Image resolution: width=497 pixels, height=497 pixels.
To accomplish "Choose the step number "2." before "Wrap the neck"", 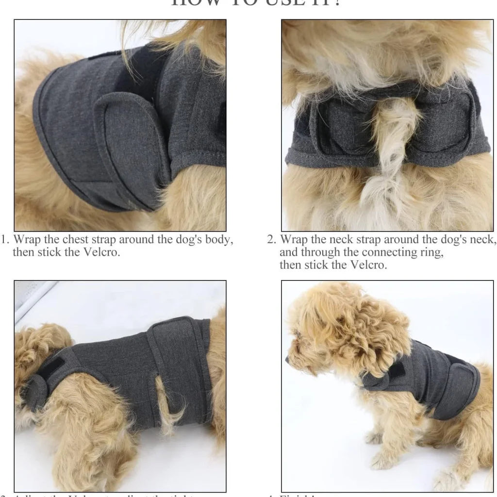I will tap(272, 240).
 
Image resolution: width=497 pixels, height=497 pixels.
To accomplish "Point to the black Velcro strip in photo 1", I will tap(131, 73).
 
